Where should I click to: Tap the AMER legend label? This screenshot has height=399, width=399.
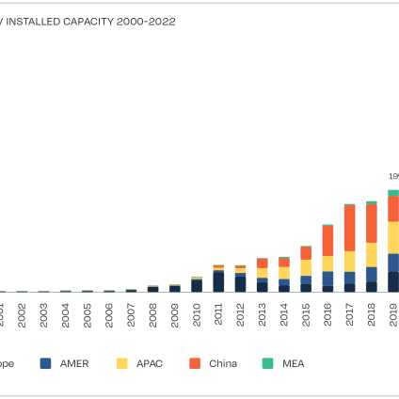tap(74, 363)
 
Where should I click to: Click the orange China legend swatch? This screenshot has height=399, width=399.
tap(194, 363)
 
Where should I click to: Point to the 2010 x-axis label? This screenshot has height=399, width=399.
tap(197, 314)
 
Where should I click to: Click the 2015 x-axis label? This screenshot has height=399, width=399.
tap(306, 314)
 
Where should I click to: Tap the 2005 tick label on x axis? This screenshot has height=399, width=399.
tap(88, 314)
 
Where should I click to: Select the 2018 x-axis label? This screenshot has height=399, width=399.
tap(372, 314)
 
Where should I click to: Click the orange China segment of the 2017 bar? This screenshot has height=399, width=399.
tap(349, 228)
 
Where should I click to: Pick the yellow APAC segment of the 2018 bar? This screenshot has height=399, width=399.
tap(371, 254)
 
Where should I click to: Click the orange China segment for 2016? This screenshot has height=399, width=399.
tap(327, 241)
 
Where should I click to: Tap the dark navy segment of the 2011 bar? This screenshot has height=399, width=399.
tap(218, 281)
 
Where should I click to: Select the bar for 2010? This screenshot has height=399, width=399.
tap(197, 285)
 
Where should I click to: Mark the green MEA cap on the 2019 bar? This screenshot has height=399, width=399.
tap(393, 192)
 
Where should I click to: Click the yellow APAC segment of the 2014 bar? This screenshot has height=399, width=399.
tap(284, 273)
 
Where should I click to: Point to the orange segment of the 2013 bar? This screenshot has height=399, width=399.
tap(262, 263)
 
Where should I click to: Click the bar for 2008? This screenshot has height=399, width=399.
tap(152, 289)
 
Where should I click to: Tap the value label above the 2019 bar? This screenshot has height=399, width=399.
tap(394, 176)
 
